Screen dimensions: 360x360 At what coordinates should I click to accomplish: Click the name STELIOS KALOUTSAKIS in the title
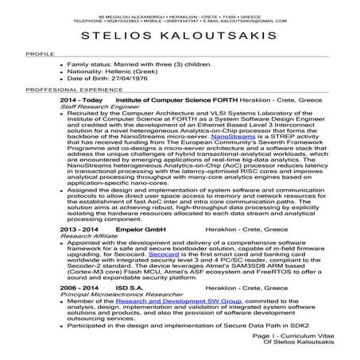(x=180, y=38)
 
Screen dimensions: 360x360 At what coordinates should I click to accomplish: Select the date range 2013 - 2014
(x=79, y=229)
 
